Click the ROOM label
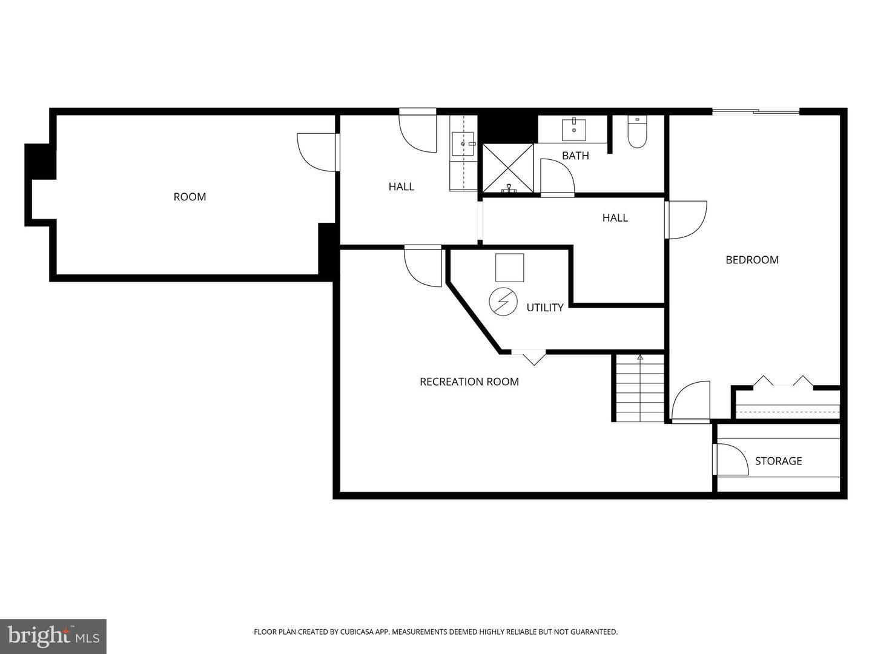click(x=190, y=197)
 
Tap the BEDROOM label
click(x=751, y=260)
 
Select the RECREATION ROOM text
click(x=469, y=381)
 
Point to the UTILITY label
click(x=544, y=308)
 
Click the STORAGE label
click(x=778, y=461)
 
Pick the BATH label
click(x=575, y=156)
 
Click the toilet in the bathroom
click(x=637, y=133)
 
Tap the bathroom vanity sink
click(x=573, y=129)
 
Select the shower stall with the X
click(x=507, y=168)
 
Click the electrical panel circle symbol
click(x=503, y=302)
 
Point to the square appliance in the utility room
click(x=509, y=268)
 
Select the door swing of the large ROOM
click(x=316, y=152)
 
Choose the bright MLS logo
click(x=53, y=636)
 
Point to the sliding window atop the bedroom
click(x=756, y=111)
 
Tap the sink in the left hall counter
click(x=463, y=144)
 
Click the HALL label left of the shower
click(x=401, y=187)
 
